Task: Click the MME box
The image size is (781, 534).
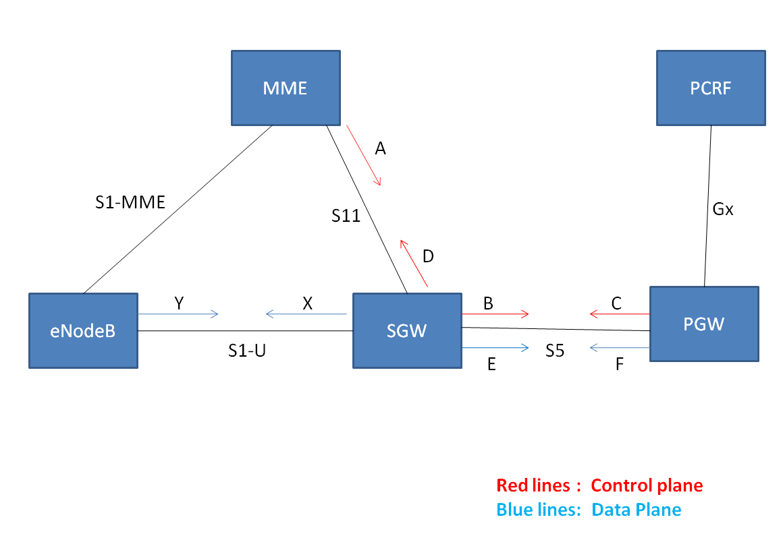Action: (x=286, y=88)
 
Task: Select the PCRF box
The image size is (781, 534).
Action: (x=711, y=88)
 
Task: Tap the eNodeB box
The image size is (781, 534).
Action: (x=83, y=330)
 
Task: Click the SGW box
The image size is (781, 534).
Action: (x=407, y=330)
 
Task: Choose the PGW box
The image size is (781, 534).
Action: (x=703, y=324)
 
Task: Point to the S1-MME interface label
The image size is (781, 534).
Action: (x=130, y=202)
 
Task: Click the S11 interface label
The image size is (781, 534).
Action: (x=346, y=216)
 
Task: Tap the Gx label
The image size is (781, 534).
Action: (x=724, y=209)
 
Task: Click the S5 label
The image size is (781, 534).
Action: (x=555, y=351)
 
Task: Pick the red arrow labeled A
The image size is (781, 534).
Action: (x=365, y=156)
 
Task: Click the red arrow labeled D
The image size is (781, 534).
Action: (x=414, y=263)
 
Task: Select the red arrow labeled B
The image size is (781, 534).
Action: (x=495, y=314)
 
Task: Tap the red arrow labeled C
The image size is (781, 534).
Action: (x=619, y=314)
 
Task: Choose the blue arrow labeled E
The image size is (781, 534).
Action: (x=495, y=348)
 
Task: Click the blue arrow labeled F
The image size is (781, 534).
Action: (x=619, y=348)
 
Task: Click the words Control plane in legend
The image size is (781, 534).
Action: (x=647, y=485)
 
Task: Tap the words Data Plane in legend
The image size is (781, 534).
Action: (x=636, y=510)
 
